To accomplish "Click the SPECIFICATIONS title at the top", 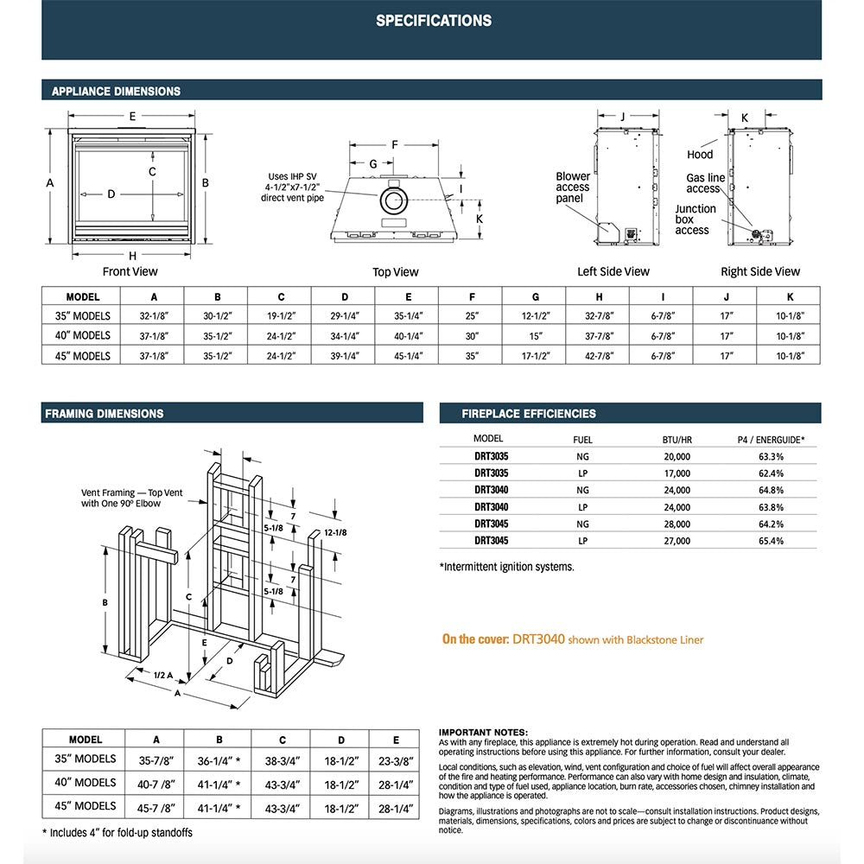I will [433, 21].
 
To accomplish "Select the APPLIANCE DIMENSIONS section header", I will [116, 91].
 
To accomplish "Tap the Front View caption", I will [130, 271].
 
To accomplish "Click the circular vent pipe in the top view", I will [393, 201].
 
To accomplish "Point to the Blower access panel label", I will [573, 187].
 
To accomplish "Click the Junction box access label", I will [696, 219].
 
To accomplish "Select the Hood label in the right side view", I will [700, 155].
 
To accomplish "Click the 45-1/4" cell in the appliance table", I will [409, 355].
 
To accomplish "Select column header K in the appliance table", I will [790, 296].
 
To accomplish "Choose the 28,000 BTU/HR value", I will [677, 524].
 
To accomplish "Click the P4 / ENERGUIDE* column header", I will [771, 439].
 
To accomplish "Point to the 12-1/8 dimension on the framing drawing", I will [336, 532].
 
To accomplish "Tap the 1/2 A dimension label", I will [164, 676].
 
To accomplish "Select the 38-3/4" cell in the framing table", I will [282, 759].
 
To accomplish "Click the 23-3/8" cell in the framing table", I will [397, 759].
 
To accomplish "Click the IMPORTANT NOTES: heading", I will [482, 732].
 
